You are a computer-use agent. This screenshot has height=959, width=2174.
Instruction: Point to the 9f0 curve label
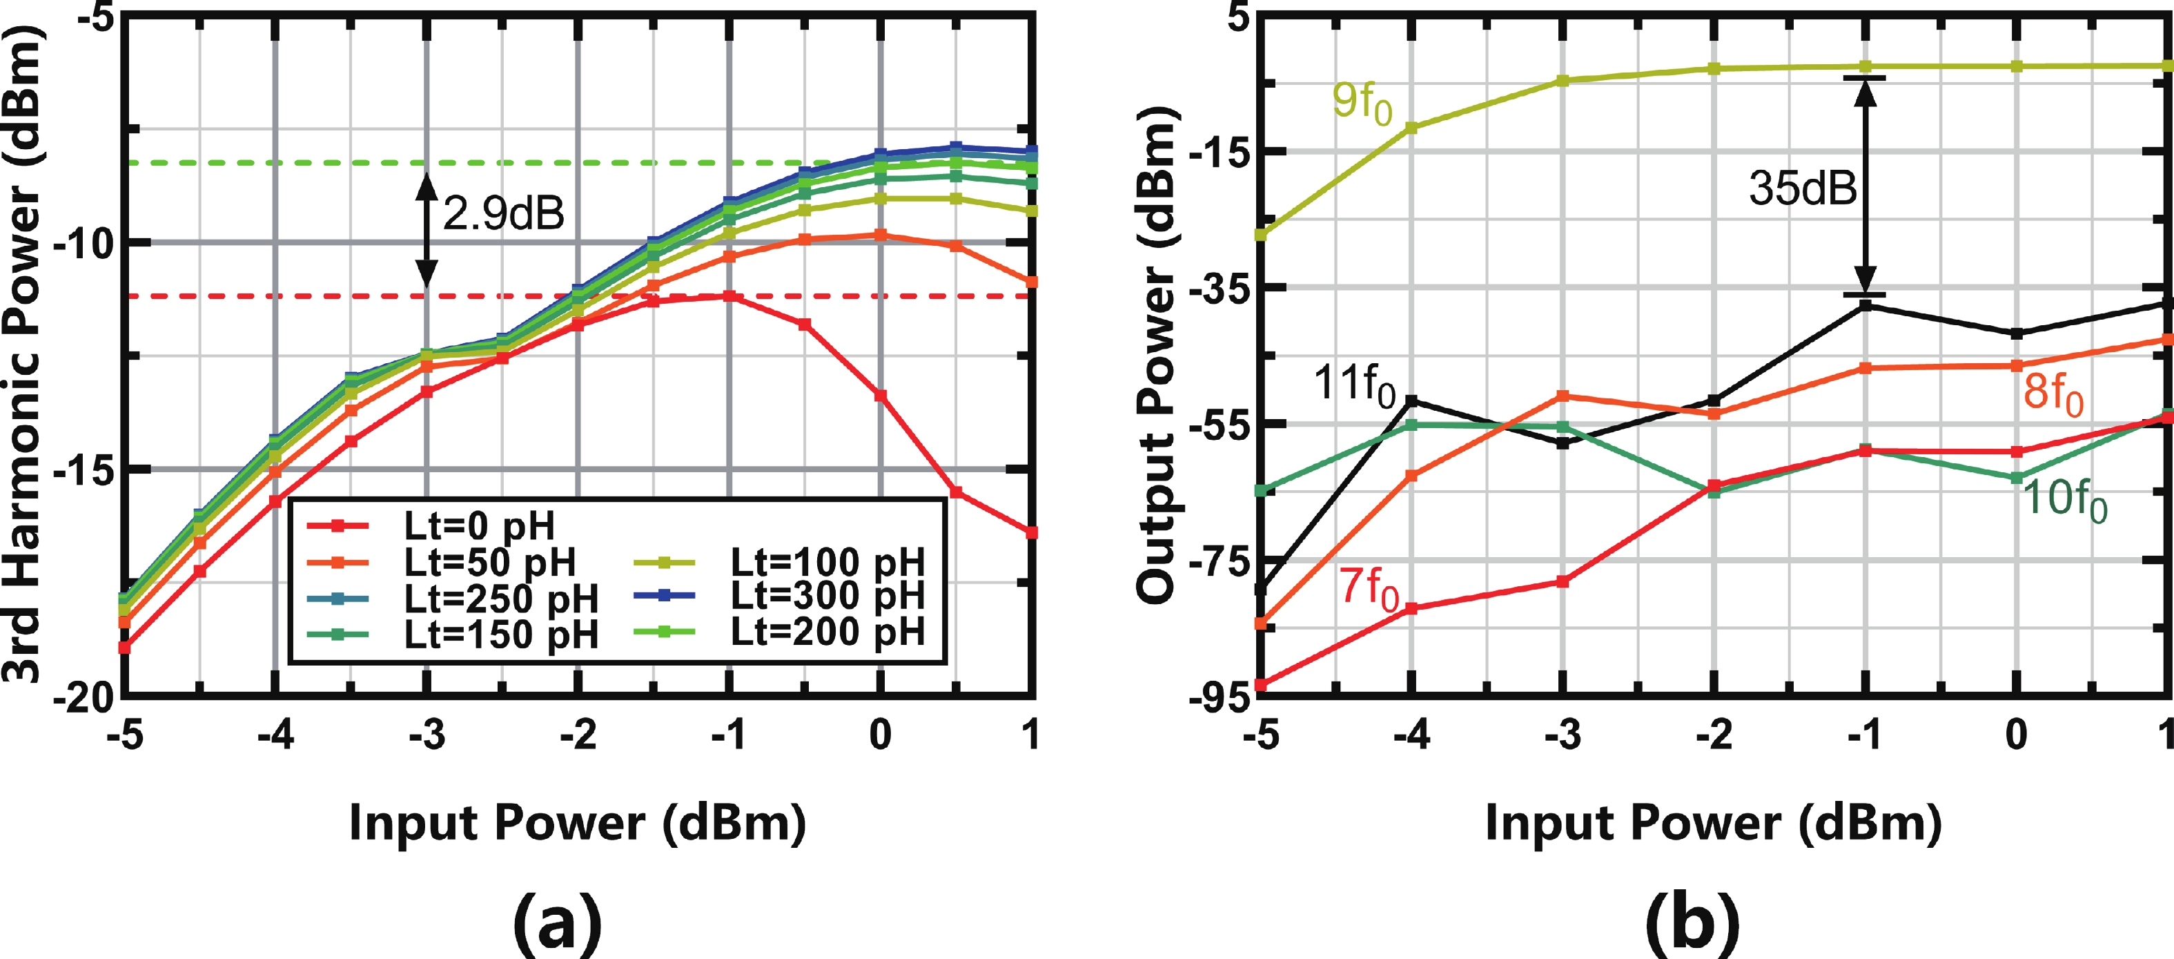point(1361,103)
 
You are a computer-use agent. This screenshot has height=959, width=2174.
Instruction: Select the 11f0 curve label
point(1353,386)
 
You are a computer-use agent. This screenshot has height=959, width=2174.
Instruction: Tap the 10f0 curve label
point(2064,499)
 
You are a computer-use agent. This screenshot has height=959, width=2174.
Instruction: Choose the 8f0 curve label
point(2053,394)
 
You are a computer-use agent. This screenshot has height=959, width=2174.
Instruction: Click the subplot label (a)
point(558,922)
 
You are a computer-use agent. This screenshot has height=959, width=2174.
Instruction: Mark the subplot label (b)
point(1693,922)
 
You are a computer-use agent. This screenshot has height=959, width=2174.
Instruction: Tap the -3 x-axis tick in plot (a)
point(427,735)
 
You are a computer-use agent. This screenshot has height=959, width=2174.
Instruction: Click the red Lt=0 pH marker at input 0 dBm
point(880,395)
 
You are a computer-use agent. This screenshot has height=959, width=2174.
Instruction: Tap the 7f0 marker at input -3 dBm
point(1562,581)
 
